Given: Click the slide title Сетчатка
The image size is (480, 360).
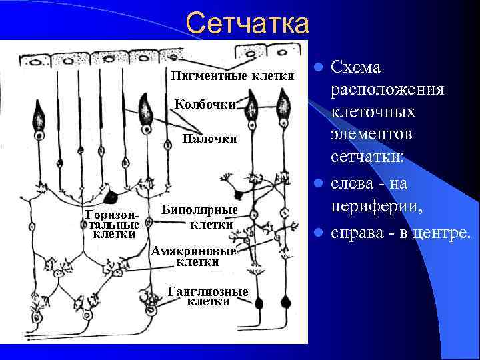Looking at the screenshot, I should pos(247,24).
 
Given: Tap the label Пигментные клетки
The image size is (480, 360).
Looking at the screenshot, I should pos(233,75).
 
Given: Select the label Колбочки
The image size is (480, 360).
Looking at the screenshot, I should pos(205,104).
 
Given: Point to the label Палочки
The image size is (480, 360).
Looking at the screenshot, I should pos(209,139).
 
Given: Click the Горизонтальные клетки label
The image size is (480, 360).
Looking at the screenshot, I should pos(109,224).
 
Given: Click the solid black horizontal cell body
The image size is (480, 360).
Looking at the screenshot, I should pos(111,198).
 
